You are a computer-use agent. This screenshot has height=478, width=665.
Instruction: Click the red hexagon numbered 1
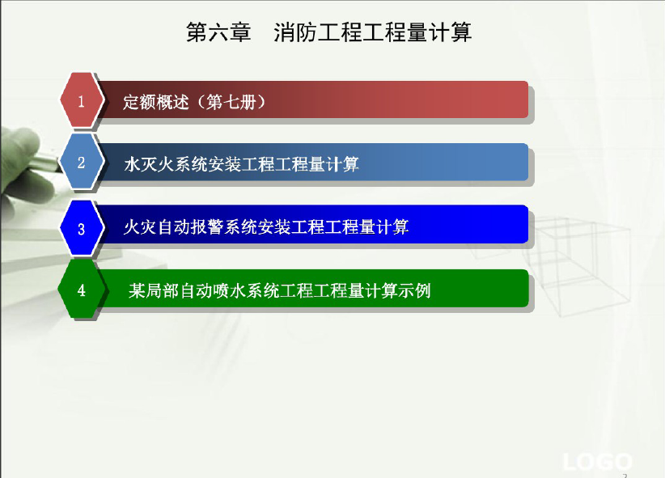[x=82, y=100]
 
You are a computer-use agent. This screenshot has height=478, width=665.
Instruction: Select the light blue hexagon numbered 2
[x=82, y=162]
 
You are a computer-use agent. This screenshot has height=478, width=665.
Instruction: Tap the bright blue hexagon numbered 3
[x=82, y=228]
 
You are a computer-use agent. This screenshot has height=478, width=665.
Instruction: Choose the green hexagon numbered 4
[x=82, y=290]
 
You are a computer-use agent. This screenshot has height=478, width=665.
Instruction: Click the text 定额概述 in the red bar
[x=156, y=102]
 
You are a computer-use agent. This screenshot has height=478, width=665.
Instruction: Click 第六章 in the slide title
[x=219, y=32]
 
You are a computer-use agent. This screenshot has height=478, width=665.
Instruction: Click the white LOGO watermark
[x=597, y=462]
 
